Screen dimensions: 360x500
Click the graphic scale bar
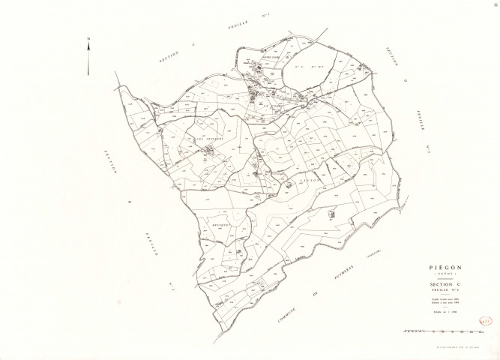[x=424, y=330]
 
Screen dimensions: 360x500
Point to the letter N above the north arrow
[x=89, y=39]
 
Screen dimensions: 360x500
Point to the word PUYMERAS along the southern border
[x=341, y=279]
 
